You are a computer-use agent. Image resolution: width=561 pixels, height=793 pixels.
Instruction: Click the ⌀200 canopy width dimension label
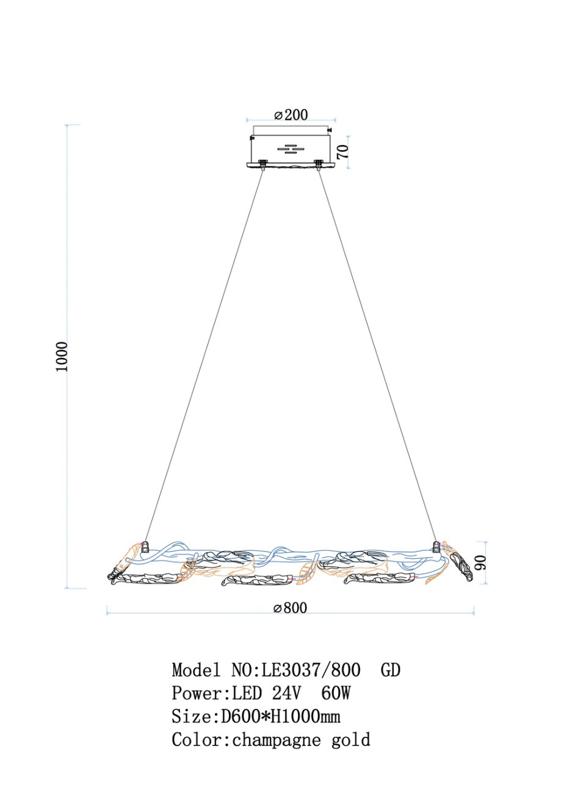coord(291,115)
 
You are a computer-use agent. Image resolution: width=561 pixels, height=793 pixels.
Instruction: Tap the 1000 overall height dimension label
coord(61,356)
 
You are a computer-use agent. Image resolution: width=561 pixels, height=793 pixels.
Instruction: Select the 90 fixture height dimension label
coord(480,563)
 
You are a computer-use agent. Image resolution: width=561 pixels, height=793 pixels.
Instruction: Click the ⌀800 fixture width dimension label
coord(290,608)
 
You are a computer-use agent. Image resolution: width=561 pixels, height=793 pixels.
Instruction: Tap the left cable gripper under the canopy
coord(262,165)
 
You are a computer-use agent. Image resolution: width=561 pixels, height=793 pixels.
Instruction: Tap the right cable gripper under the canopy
coord(319,165)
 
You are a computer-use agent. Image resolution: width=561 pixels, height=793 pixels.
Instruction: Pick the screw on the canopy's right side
coord(330,131)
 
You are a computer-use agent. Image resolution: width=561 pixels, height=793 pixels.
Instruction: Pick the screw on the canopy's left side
coord(253,137)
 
